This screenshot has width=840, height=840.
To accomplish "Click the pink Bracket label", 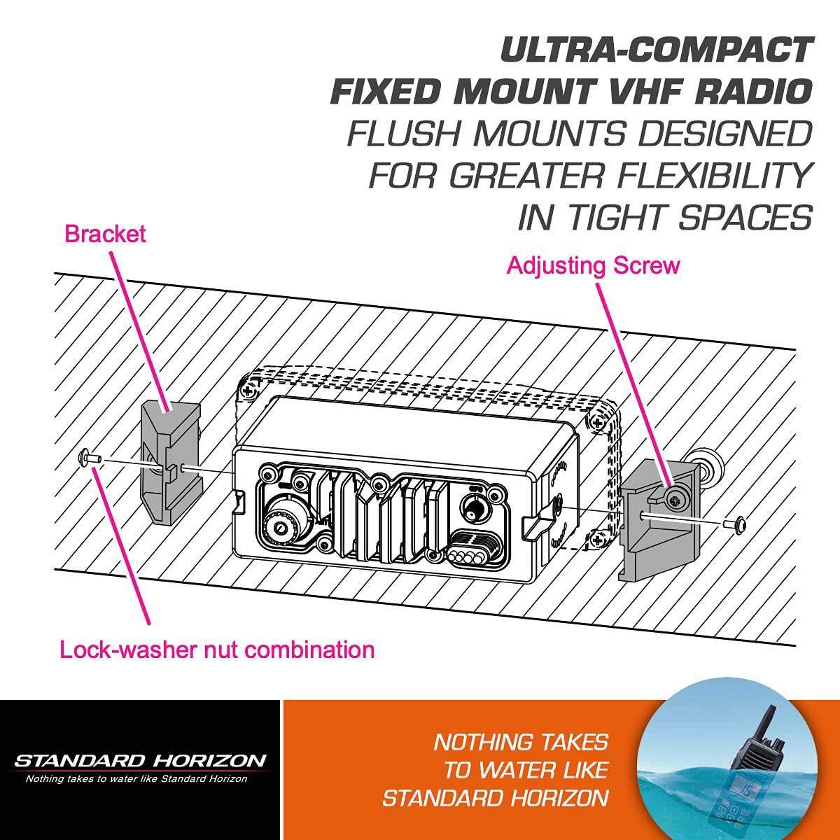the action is (x=105, y=234).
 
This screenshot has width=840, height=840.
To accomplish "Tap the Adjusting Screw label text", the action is (x=594, y=266).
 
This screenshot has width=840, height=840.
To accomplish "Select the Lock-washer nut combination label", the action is (x=217, y=650).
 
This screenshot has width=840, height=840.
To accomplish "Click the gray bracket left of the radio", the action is (x=170, y=461).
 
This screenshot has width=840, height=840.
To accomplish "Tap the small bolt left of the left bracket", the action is (x=90, y=458).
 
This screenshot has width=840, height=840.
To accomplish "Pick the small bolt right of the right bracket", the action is (x=735, y=524).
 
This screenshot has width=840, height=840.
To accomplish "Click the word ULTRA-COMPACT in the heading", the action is (x=657, y=50).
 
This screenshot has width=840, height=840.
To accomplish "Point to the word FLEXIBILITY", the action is (x=714, y=175).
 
